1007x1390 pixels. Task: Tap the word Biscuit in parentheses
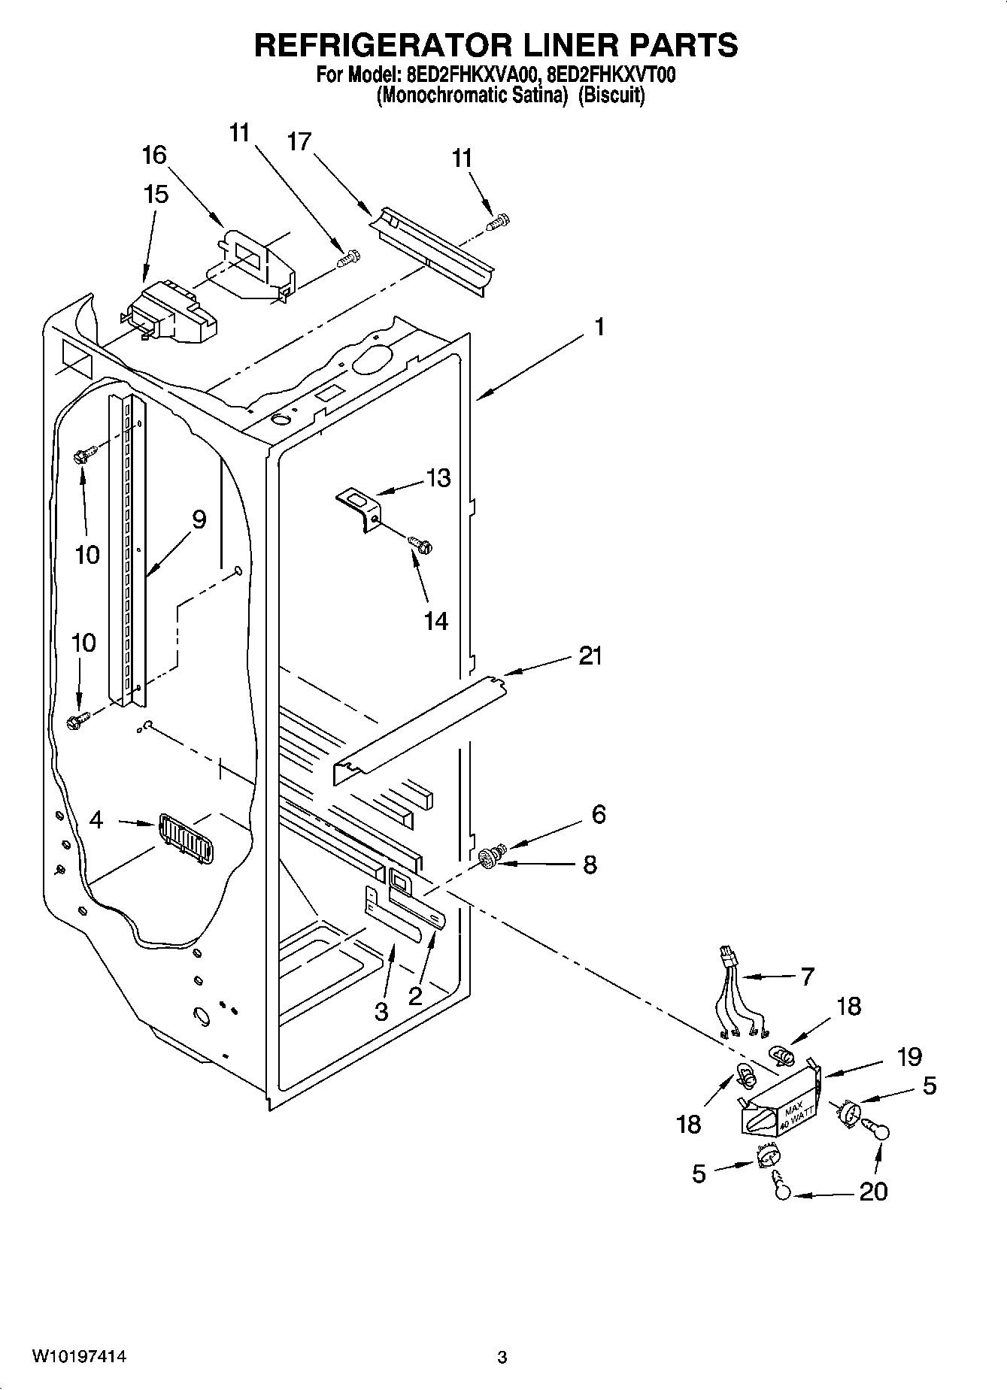[611, 95]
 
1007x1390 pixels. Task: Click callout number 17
[299, 141]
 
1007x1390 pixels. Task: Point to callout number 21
[590, 656]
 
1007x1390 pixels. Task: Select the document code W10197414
[78, 1357]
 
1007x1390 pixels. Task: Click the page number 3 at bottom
[502, 1358]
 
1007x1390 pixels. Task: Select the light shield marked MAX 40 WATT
[778, 1101]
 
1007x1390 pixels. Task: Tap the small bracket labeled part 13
[359, 507]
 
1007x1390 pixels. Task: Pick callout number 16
[154, 156]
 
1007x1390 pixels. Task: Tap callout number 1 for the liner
[599, 327]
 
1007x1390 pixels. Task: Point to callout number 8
[590, 865]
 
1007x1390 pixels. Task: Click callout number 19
[909, 1056]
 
